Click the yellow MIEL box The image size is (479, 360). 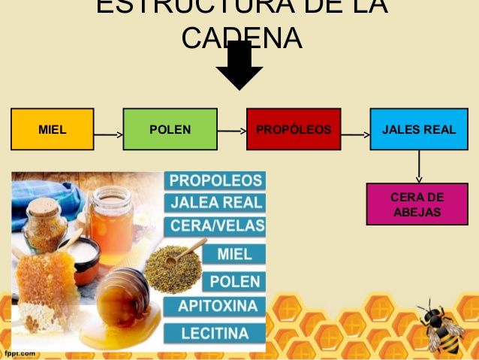(53, 129)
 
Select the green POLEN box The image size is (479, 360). (170, 129)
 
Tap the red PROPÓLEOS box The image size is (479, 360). (294, 129)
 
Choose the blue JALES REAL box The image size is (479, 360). (418, 129)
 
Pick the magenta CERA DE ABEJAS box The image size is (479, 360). (417, 204)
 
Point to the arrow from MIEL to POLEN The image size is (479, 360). (109, 136)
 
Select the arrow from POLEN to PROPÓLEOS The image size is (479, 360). (232, 130)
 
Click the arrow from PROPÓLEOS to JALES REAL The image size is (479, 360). (356, 136)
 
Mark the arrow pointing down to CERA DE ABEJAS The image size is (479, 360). (419, 167)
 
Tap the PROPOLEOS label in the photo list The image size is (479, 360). (215, 181)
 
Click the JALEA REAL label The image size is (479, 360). (215, 202)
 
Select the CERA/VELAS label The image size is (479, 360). (217, 225)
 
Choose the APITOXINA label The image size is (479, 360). (217, 307)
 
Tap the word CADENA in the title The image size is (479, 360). (242, 38)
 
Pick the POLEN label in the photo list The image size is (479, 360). (235, 282)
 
